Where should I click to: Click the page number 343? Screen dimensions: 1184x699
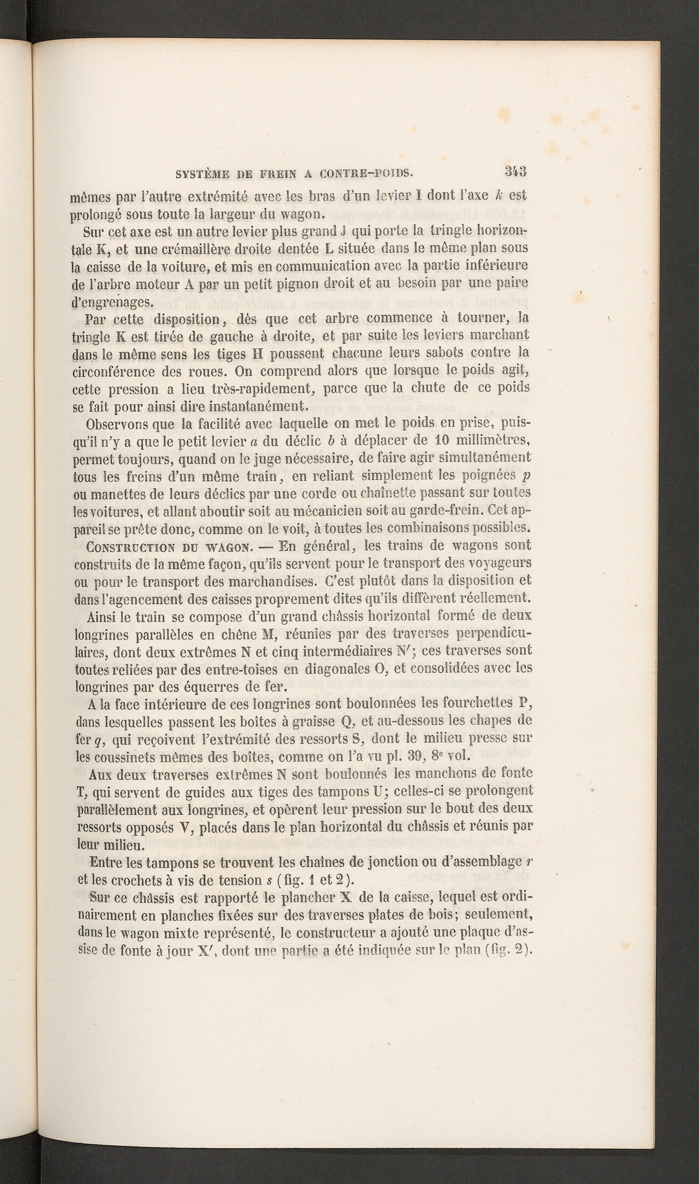515,171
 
